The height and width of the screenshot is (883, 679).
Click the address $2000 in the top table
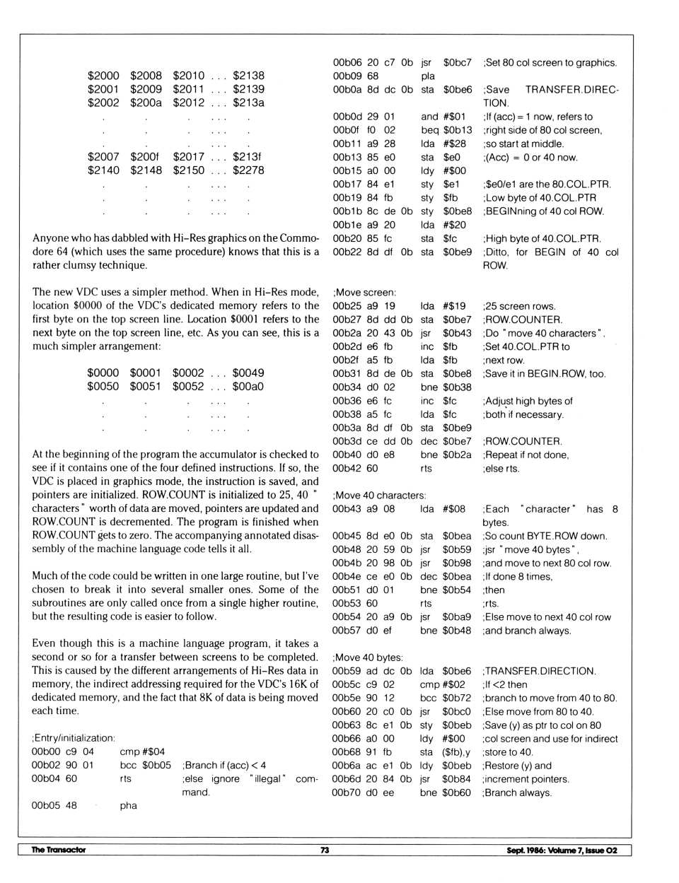coord(103,76)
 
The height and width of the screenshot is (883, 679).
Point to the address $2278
coord(248,170)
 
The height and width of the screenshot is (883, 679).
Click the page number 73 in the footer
coord(325,850)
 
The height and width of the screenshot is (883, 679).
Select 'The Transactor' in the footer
coord(58,850)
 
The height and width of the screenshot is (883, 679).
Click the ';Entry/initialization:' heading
coord(73,738)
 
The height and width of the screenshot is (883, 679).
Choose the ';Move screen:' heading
coord(364,293)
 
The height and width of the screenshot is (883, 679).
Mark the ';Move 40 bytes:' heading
coord(367,657)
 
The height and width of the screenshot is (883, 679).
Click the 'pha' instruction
coord(128,805)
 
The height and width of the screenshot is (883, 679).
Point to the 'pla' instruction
coord(428,76)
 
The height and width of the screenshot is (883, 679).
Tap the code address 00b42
coord(346,468)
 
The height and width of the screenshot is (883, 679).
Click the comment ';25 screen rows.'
coord(519,306)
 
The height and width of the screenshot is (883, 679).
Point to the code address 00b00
coord(46,752)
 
